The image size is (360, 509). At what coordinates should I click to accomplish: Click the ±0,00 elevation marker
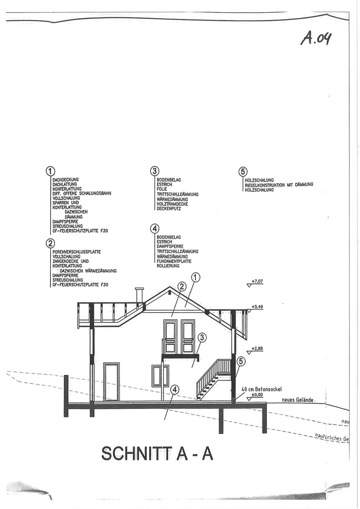255,396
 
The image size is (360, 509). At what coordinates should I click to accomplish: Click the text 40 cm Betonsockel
262,389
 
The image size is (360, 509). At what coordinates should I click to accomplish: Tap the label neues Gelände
298,400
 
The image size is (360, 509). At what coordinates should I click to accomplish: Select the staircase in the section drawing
214,380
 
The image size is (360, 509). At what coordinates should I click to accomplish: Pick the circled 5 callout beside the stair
241,362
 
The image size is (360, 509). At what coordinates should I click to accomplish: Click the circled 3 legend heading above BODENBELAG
154,171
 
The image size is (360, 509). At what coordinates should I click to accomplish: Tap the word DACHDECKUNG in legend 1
66,180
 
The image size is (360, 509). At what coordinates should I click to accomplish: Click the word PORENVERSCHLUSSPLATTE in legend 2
77,252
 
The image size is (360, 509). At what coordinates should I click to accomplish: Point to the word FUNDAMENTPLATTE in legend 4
174,261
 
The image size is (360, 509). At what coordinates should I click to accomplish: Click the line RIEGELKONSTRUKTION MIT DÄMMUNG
279,185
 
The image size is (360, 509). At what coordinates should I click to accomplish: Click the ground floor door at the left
111,382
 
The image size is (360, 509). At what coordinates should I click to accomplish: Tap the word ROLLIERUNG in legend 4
168,266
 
